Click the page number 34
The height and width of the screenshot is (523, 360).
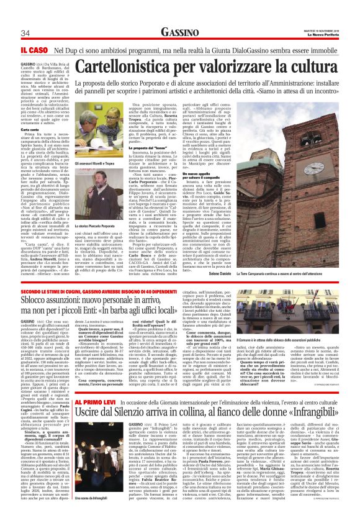[x=26, y=32]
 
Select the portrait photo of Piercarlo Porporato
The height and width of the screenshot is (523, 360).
[x=99, y=196]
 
